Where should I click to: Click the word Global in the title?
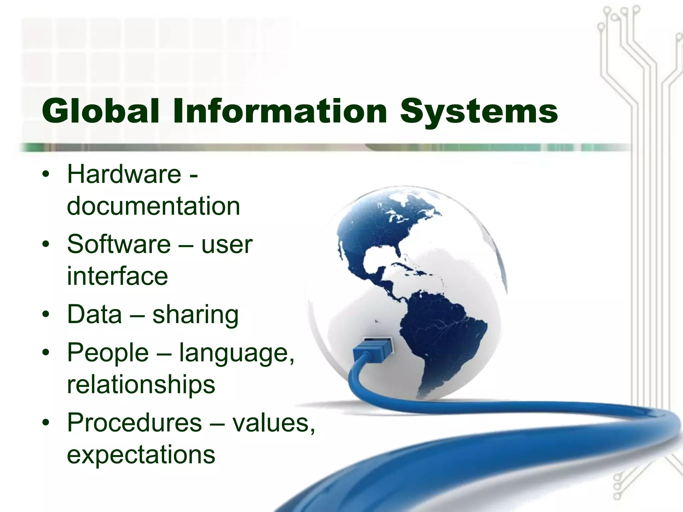coord(100,111)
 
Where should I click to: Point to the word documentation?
coord(153,206)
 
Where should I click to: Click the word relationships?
coord(141,384)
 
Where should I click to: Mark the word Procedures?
coord(134,423)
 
